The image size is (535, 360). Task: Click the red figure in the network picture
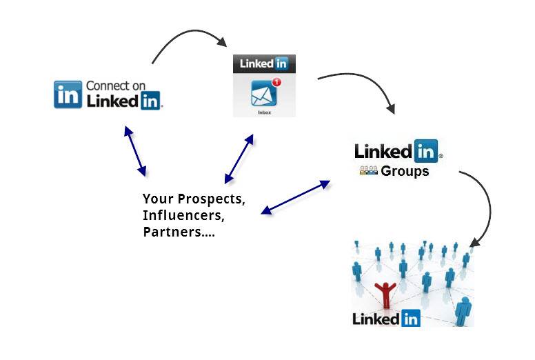pos(385,294)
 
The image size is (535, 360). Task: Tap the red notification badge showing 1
pos(276,82)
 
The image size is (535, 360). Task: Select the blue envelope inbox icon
pos(263,93)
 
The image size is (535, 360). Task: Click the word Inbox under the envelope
pos(265,112)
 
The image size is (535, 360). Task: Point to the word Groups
pos(405,171)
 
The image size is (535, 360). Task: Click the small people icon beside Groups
pos(369,170)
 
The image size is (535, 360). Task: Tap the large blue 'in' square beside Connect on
pos(68,94)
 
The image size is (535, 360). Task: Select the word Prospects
pos(211,199)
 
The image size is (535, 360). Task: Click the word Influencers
pos(183,215)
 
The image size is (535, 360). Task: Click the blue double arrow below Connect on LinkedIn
pos(135,151)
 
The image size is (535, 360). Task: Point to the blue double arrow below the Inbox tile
pos(239,159)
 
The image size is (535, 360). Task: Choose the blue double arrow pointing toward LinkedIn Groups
pos(296,197)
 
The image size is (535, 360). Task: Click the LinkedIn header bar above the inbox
pos(264,64)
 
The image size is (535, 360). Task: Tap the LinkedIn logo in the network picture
pos(386,319)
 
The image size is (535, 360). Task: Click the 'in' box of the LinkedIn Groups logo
pos(426,151)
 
